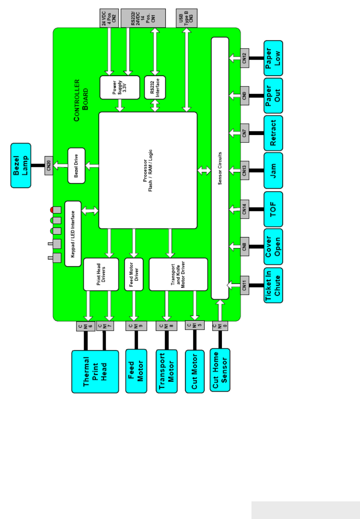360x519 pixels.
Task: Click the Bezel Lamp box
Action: tap(21, 165)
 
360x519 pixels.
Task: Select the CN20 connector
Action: tap(49, 165)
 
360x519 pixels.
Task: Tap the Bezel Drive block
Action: tap(76, 165)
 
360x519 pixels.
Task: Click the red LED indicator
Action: tap(52, 210)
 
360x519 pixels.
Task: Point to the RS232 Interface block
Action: tap(155, 87)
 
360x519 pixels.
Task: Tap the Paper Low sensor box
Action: tap(274, 58)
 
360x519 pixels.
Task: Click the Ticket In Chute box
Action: tap(274, 285)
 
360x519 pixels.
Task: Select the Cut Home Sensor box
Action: tap(220, 370)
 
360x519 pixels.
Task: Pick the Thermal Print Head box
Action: tap(95, 372)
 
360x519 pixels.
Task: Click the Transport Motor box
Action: tap(167, 371)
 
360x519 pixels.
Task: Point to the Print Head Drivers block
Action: tap(101, 274)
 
